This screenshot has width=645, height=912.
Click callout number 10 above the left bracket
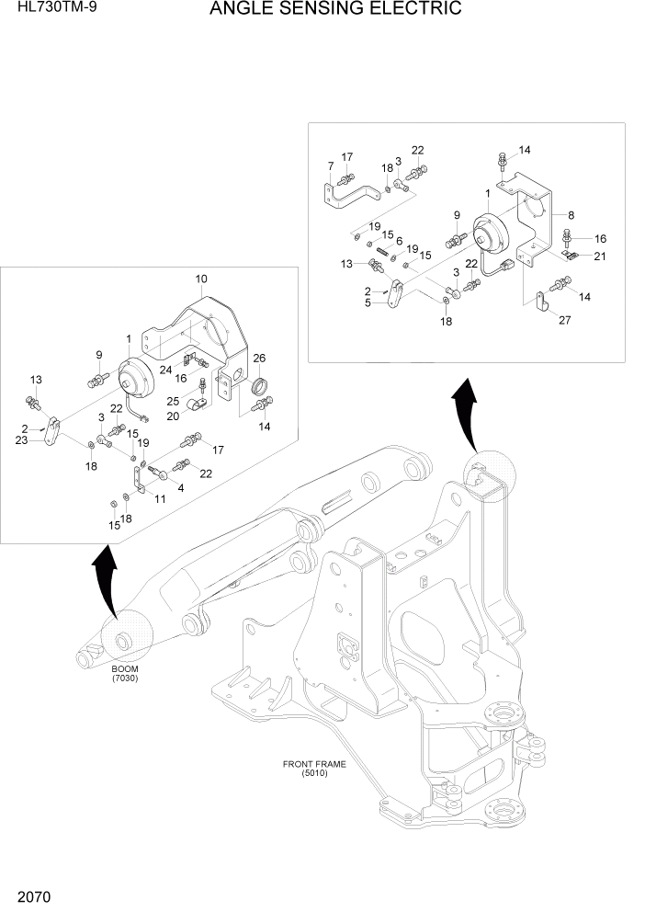[x=200, y=279]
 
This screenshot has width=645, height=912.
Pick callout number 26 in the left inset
[x=259, y=358]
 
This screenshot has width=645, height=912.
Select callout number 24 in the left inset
[x=165, y=370]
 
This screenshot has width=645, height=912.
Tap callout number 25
[x=172, y=401]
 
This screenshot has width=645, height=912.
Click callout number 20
[x=172, y=416]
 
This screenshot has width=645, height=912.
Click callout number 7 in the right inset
[x=330, y=165]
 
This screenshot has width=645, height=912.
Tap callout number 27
[x=564, y=321]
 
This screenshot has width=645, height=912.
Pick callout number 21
[x=599, y=256]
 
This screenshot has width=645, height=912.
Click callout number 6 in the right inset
[x=399, y=241]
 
